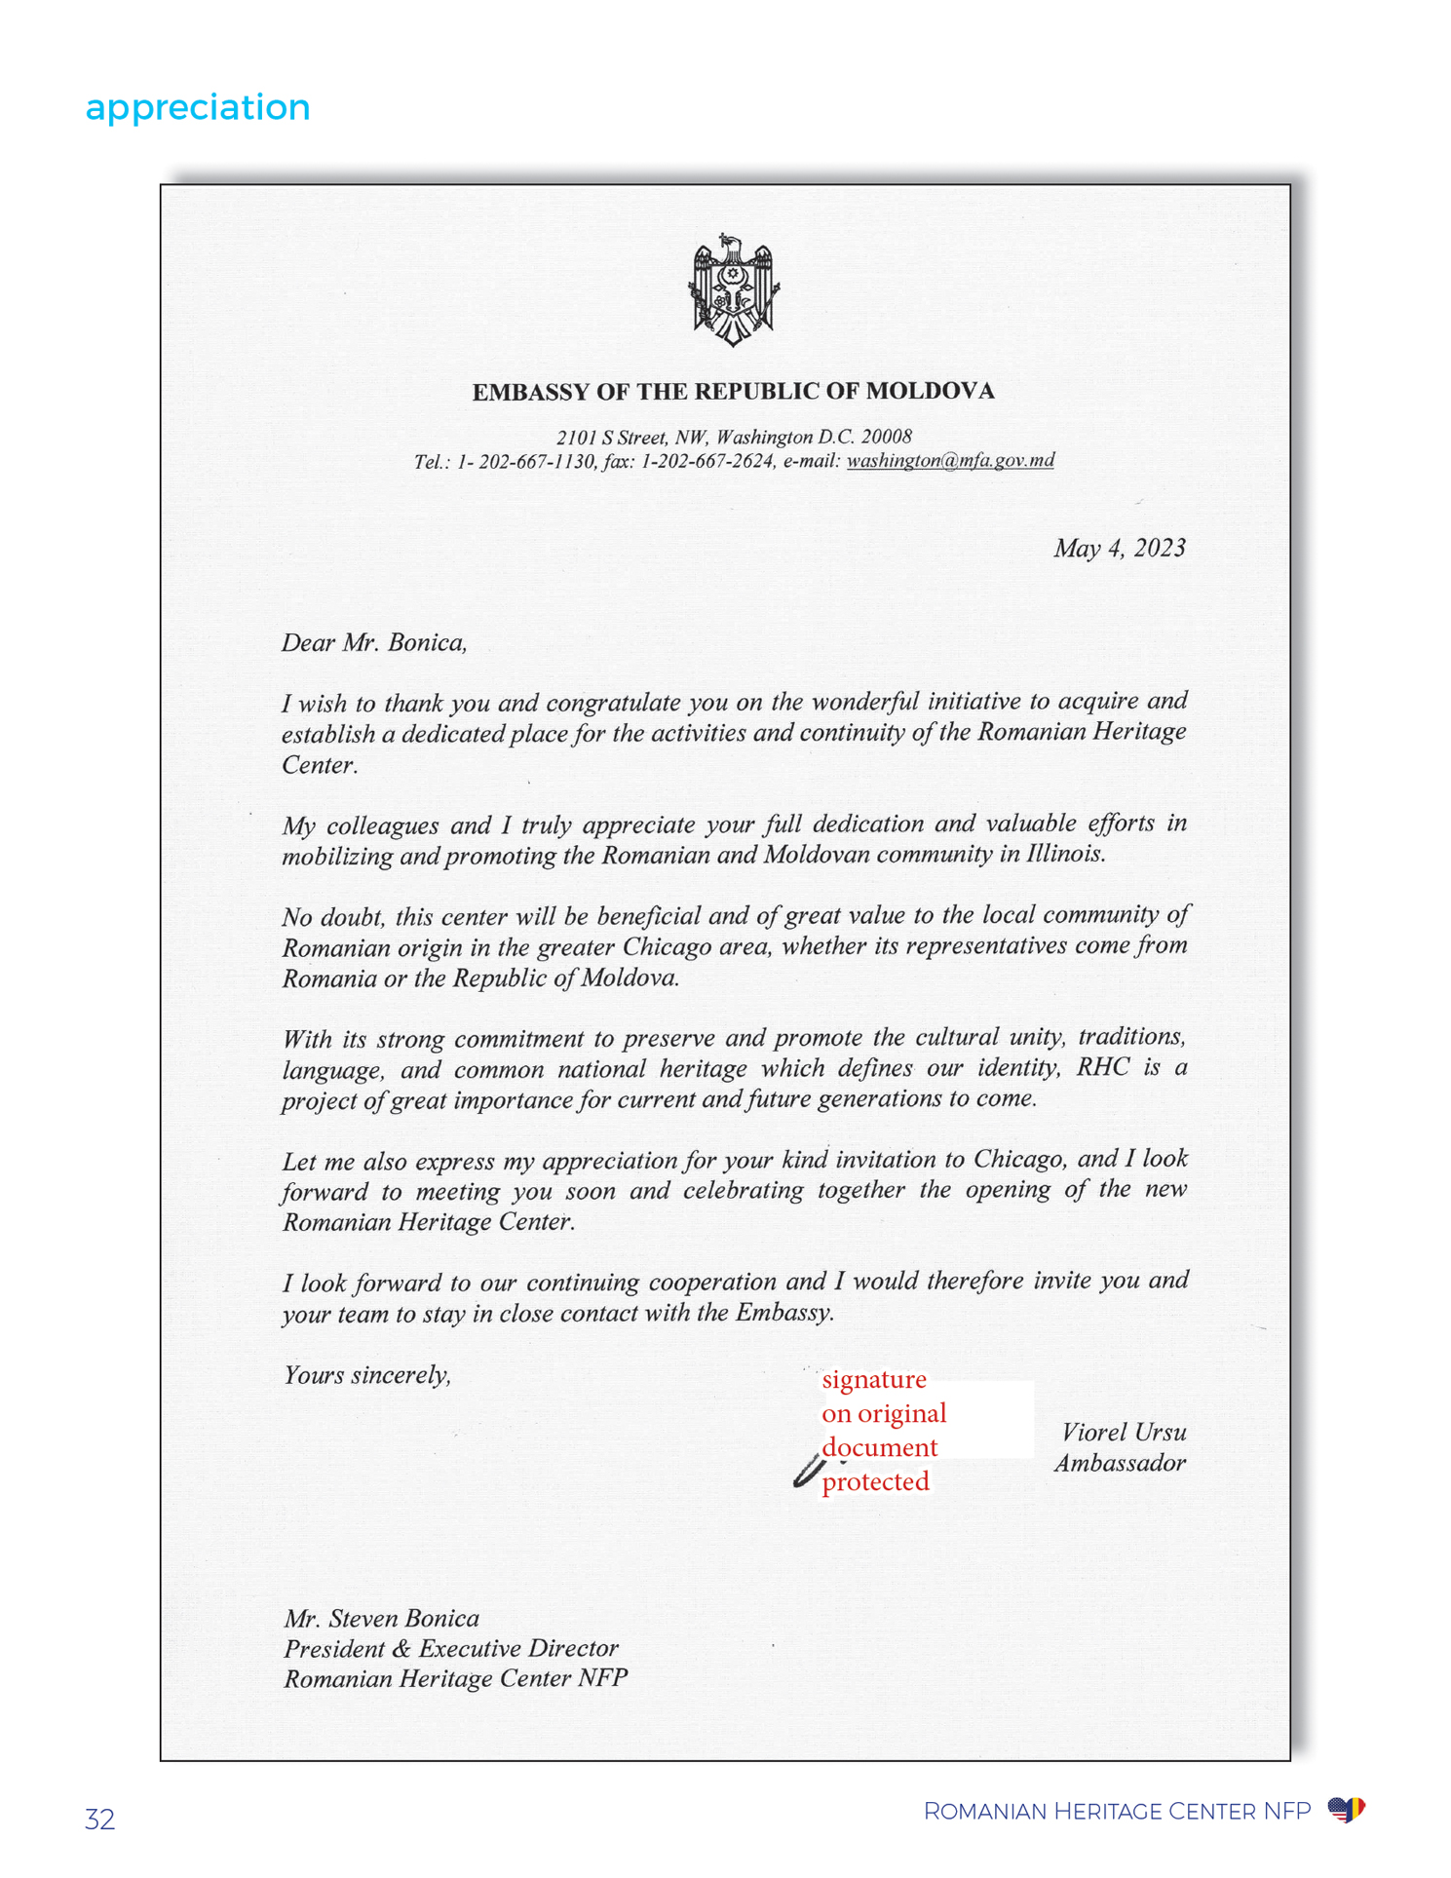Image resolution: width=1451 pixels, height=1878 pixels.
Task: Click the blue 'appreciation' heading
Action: click(198, 107)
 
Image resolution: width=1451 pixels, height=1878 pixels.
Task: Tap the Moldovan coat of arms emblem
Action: click(733, 289)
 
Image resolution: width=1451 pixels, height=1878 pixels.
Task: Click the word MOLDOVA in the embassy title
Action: click(930, 392)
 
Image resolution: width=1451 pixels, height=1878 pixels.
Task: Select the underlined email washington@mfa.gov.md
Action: click(950, 461)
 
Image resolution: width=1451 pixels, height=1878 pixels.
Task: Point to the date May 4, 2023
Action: click(1119, 549)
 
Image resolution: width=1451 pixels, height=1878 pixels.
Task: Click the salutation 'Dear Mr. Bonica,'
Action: click(374, 643)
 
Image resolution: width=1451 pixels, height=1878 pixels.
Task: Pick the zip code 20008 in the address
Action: click(886, 437)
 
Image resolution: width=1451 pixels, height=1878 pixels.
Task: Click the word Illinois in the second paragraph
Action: click(1065, 855)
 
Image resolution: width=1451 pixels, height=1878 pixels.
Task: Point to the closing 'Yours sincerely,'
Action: click(367, 1375)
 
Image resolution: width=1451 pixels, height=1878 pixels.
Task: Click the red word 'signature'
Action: click(874, 1380)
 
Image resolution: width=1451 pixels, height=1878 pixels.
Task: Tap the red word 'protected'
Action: click(875, 1482)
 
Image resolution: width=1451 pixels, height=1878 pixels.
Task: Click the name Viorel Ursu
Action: click(1124, 1433)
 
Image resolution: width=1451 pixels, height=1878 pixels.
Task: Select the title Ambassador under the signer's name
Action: click(1120, 1463)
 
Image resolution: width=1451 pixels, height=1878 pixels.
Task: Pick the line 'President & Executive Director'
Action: click(451, 1649)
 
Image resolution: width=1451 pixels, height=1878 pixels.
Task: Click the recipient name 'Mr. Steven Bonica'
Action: click(381, 1619)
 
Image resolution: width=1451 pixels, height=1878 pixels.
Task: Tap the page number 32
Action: click(99, 1820)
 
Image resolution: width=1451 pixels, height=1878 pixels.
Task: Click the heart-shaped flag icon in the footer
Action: click(1346, 1811)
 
